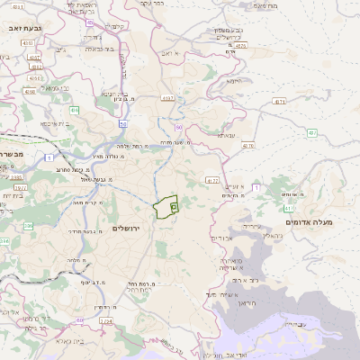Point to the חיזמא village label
point(234,81)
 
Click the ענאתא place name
point(225,136)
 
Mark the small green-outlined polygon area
point(166,208)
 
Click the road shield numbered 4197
point(167,97)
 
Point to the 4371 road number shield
point(280,102)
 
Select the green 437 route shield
point(311,132)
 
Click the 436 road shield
point(75,109)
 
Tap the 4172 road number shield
point(211,181)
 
